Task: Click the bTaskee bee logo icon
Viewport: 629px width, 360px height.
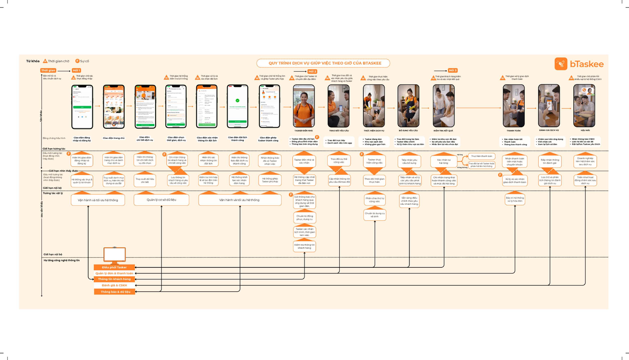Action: click(562, 64)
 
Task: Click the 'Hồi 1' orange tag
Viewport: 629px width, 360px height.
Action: click(77, 70)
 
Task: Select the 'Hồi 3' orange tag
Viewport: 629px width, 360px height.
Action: click(452, 70)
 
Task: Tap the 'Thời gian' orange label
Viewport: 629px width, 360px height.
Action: click(48, 70)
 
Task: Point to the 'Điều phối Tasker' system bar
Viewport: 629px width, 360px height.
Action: click(115, 267)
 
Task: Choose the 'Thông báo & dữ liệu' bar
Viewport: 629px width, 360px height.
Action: click(115, 291)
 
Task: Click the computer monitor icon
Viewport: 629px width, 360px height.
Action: click(114, 255)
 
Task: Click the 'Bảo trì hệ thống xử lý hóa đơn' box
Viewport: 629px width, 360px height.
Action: click(514, 200)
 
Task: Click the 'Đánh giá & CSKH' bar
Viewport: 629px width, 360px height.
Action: click(115, 285)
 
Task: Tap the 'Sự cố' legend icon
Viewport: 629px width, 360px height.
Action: click(78, 61)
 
